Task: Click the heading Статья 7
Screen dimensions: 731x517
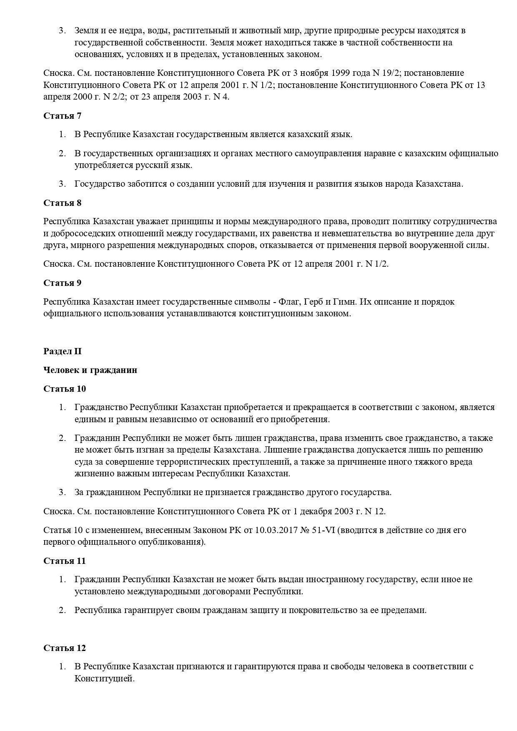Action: coord(62,116)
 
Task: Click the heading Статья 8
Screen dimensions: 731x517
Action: coord(62,203)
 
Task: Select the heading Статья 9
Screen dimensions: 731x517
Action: coord(62,283)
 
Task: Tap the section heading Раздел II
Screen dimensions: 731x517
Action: coord(63,351)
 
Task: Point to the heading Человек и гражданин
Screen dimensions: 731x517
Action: coord(90,370)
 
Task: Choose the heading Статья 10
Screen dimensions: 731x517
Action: coord(65,389)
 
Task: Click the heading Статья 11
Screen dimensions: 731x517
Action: coord(65,561)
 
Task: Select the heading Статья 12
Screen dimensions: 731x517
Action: coord(65,648)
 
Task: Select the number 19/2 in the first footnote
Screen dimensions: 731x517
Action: coord(392,73)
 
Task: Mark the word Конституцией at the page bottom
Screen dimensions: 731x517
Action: coord(104,678)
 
